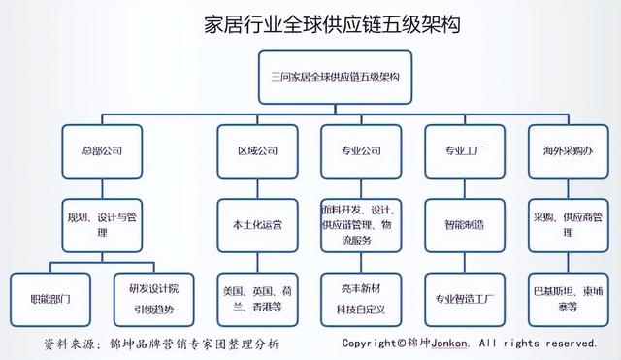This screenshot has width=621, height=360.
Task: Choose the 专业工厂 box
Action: [464, 152]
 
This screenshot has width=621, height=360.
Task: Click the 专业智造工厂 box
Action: [464, 298]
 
